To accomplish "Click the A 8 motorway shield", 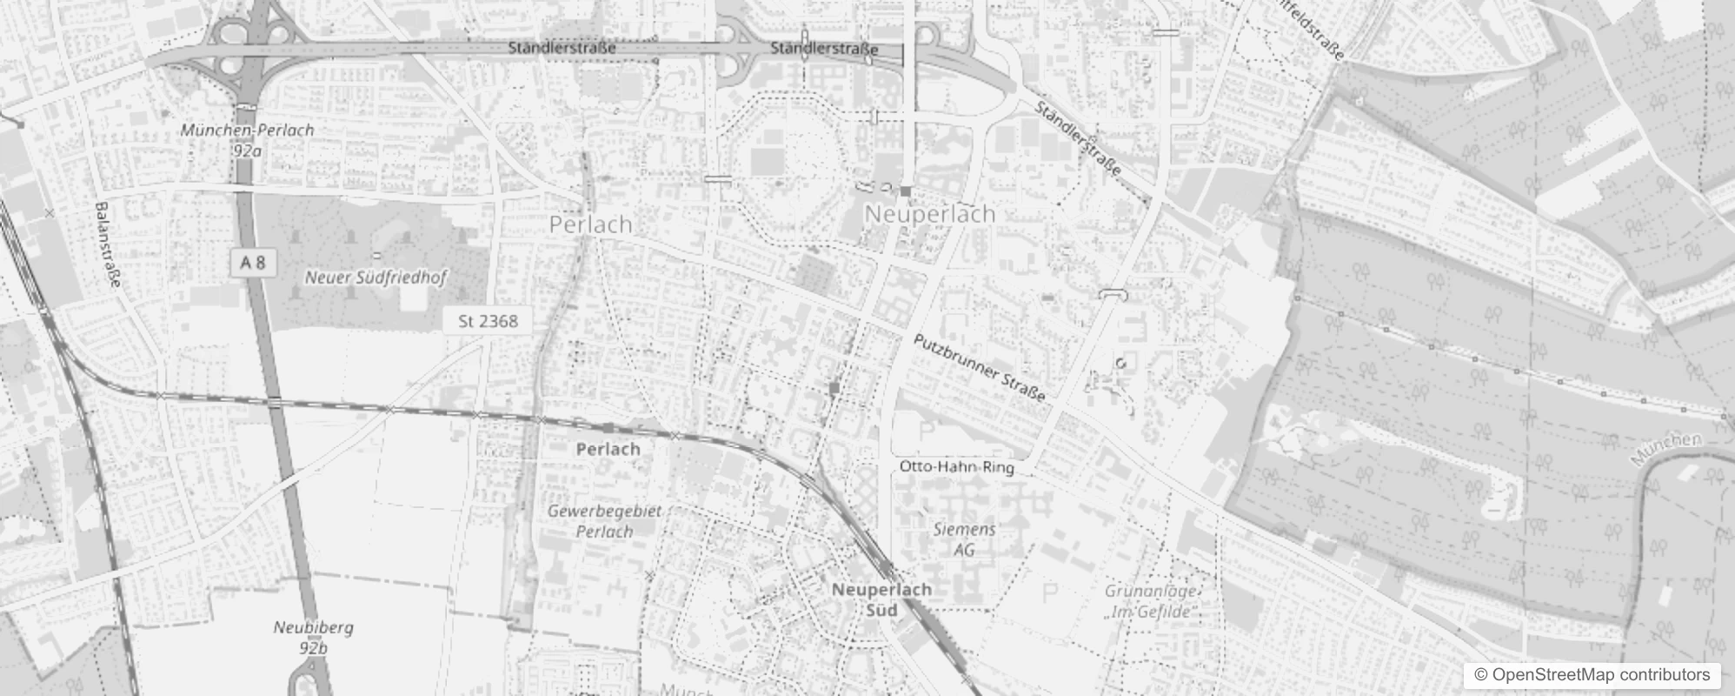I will click(253, 263).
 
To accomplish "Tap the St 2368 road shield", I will click(487, 321).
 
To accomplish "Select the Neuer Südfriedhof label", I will click(376, 278).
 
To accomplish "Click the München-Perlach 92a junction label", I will click(247, 139).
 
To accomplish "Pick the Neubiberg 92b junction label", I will click(313, 637).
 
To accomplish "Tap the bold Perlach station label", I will click(608, 449).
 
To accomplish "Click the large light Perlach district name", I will click(590, 224).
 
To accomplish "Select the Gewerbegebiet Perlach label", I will click(604, 520).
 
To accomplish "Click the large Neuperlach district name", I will click(929, 214).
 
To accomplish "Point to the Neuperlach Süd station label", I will click(881, 599).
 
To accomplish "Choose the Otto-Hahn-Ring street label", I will click(956, 467).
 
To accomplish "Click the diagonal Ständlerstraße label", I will click(1078, 139).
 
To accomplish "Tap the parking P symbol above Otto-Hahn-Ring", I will click(926, 431).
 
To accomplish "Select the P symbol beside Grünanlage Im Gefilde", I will click(1050, 593).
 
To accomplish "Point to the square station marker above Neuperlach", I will click(905, 191).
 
